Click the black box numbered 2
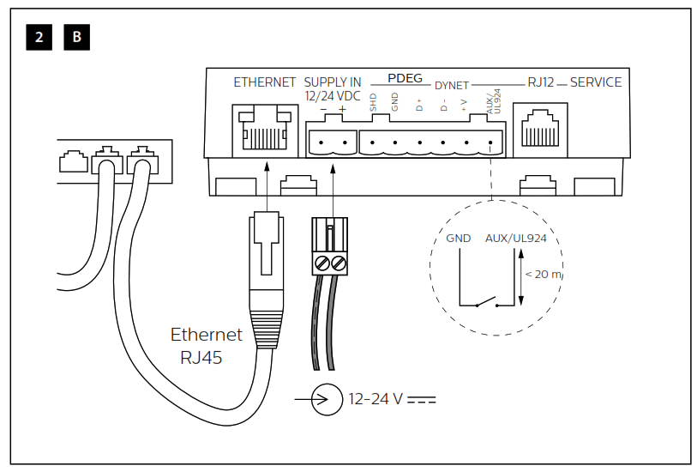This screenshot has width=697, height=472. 39,37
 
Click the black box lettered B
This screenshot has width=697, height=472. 77,37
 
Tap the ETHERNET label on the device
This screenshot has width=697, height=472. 265,82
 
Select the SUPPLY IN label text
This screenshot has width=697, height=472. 333,82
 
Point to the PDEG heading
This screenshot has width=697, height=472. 405,78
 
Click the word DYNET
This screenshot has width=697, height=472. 452,86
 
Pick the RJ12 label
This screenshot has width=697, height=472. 541,82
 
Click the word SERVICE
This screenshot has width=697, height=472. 596,82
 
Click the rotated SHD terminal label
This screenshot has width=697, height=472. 374,105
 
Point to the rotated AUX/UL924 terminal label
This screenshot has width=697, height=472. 491,104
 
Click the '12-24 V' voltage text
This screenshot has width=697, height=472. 376,399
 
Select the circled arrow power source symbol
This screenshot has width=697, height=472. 327,399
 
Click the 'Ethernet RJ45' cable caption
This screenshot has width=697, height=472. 206,346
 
